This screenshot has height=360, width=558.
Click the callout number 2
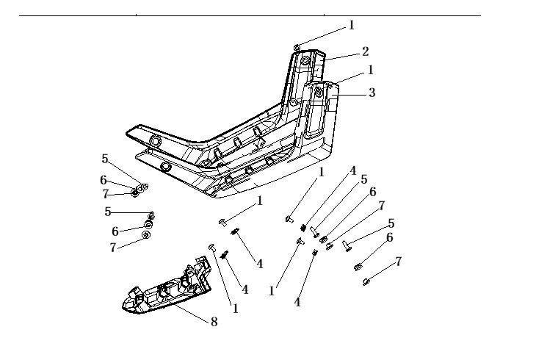(365, 51)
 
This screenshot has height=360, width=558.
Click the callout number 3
(372, 93)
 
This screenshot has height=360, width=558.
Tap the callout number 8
(214, 321)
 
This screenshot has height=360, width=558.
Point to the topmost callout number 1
(352, 25)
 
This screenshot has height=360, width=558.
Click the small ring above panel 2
(296, 47)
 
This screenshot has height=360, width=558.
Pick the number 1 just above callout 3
(371, 70)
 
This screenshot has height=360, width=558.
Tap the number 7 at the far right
(398, 261)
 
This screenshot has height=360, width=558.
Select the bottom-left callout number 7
(113, 248)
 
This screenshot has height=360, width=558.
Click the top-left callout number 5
(105, 158)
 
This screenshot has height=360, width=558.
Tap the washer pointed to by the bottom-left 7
(145, 234)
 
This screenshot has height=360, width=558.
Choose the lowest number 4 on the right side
(297, 302)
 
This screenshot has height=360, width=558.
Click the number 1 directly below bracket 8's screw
(236, 309)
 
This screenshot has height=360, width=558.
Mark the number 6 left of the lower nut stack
(115, 231)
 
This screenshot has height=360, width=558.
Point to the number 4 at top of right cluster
(353, 170)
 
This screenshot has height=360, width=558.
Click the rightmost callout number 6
(389, 237)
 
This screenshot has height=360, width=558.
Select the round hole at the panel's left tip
(155, 141)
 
